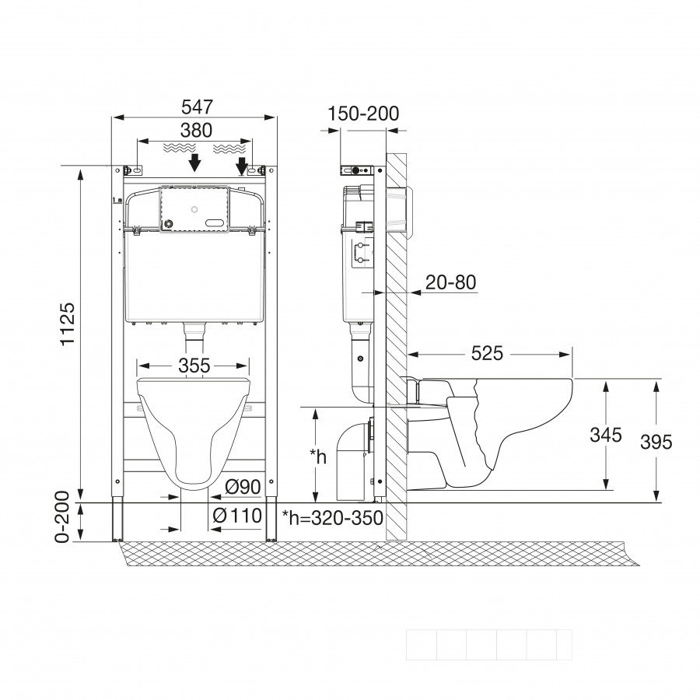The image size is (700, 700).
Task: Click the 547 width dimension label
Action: click(x=198, y=107)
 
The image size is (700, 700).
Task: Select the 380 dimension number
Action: click(x=196, y=131)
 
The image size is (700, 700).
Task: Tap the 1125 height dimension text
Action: click(x=68, y=324)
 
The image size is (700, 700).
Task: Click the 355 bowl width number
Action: click(x=194, y=366)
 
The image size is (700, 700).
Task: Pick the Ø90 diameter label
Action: click(x=243, y=487)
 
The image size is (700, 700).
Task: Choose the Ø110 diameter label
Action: click(x=237, y=516)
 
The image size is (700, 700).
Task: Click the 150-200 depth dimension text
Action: click(x=363, y=114)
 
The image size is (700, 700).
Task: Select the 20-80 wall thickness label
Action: click(x=451, y=282)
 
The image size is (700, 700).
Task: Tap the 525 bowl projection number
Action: click(x=488, y=354)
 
